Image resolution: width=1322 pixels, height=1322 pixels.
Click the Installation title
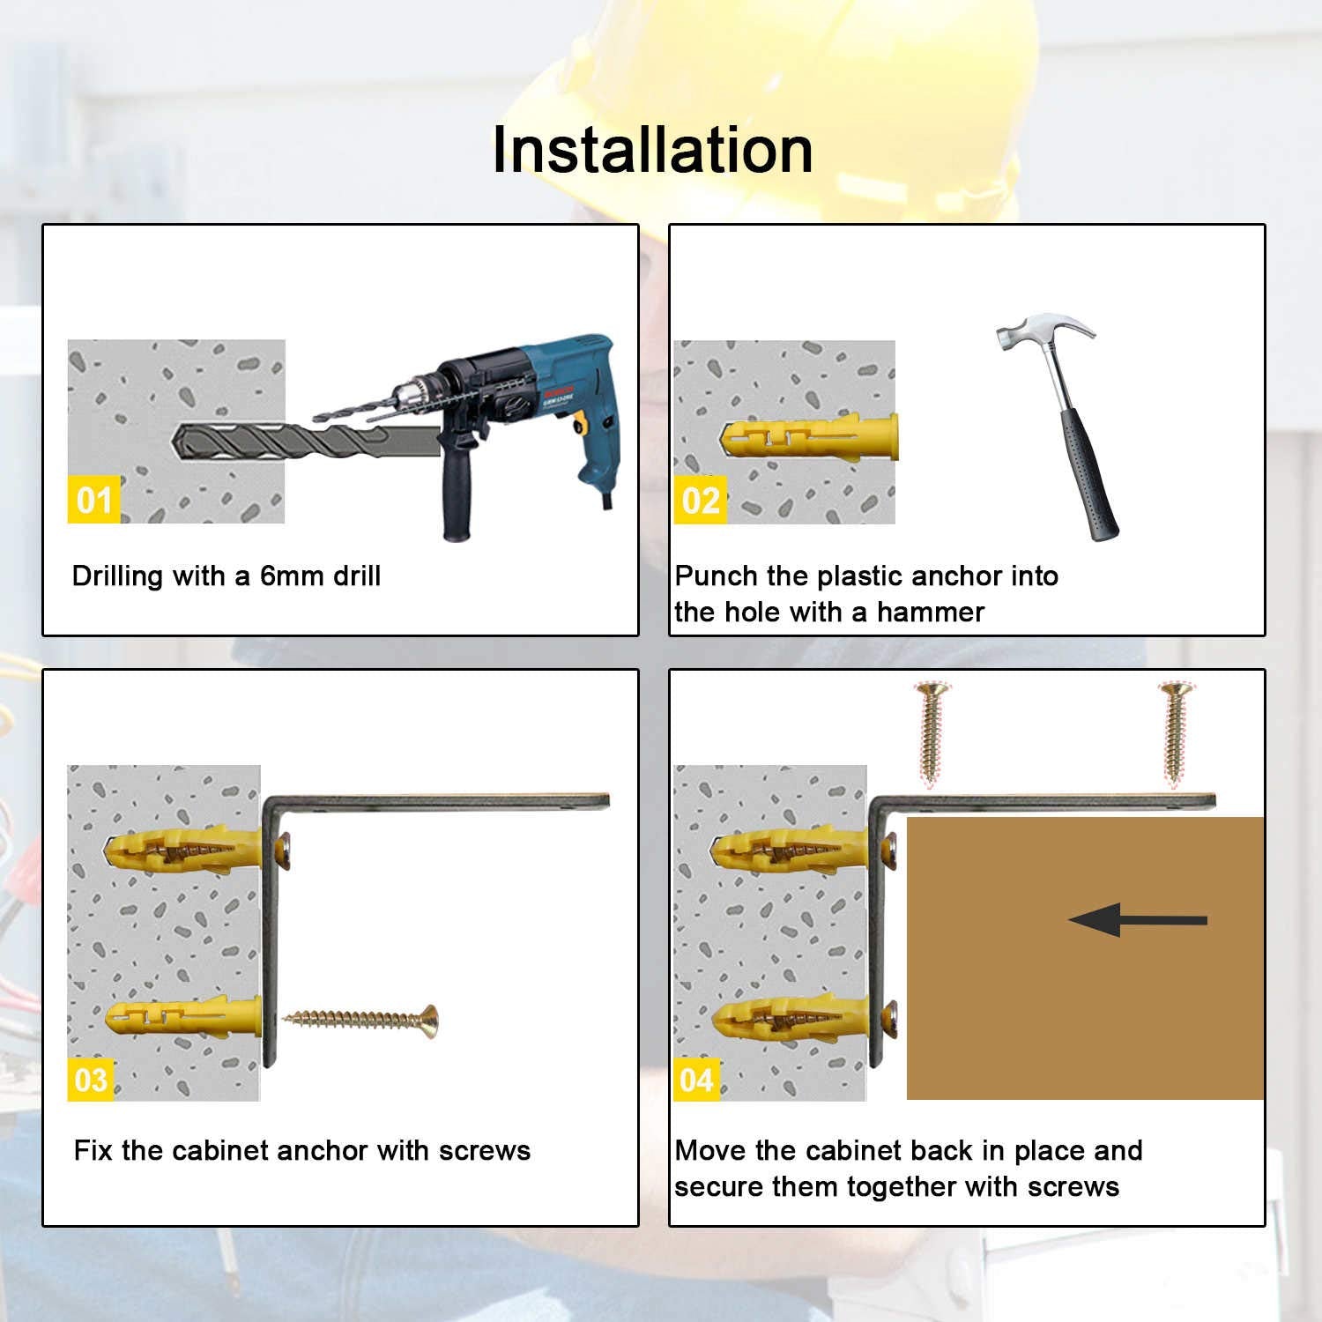tap(652, 149)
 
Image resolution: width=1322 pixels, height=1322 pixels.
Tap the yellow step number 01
tap(93, 500)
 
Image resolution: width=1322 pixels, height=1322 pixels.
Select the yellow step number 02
tap(701, 500)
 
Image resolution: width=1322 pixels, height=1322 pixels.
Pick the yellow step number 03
tap(91, 1079)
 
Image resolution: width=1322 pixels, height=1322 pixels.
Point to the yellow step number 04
tap(696, 1079)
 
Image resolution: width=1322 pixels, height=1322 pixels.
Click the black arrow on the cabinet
tap(1138, 920)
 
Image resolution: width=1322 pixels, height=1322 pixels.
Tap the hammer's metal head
tap(1043, 332)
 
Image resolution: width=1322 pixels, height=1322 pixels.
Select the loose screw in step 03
tap(360, 1021)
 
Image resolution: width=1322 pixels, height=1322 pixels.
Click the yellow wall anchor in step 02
tap(809, 438)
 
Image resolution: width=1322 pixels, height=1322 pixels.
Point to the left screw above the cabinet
tap(931, 732)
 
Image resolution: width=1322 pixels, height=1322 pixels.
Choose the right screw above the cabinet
tap(1175, 732)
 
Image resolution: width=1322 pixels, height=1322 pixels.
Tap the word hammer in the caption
tap(931, 612)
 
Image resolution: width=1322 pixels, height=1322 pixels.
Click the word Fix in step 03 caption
tap(93, 1150)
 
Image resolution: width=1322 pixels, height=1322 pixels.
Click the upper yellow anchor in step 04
tap(790, 849)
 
